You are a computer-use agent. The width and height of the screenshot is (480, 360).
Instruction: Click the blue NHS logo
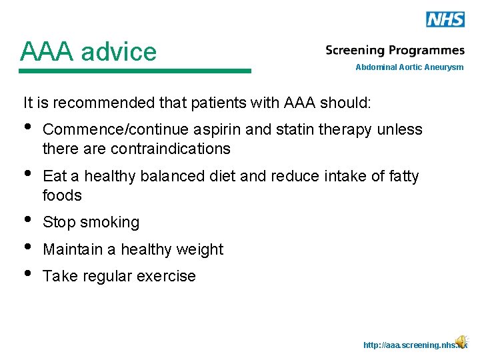(x=445, y=19)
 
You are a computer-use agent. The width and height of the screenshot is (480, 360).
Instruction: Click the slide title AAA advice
(x=88, y=51)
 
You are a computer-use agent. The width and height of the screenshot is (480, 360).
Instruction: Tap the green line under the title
(x=135, y=71)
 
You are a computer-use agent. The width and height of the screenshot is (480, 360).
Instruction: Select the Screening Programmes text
(x=395, y=51)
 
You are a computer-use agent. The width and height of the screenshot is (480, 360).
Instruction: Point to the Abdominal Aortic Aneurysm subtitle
(x=409, y=67)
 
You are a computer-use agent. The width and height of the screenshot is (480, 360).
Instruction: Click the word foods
(x=62, y=195)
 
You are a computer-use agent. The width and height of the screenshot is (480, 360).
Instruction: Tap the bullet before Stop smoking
(x=27, y=221)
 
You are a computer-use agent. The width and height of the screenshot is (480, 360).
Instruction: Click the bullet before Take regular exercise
(x=27, y=275)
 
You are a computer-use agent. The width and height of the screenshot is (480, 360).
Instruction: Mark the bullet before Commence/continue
(x=27, y=127)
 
